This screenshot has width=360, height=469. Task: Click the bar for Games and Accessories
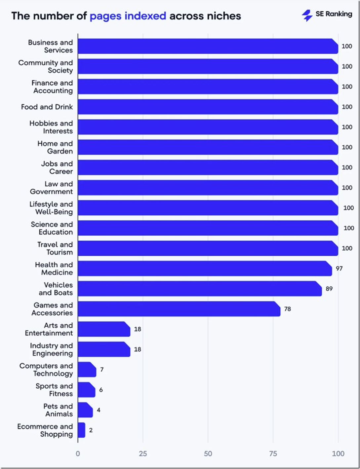pos(179,309)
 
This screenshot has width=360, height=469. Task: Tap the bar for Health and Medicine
pos(205,269)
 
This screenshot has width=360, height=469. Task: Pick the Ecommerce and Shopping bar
pos(82,430)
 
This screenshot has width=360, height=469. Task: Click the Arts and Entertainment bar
pos(104,329)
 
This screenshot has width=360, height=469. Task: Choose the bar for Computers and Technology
pos(87,370)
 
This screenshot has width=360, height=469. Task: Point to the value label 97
pos(339,269)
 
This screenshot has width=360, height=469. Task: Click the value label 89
pos(329,289)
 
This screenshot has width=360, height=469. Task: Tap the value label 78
pos(288,309)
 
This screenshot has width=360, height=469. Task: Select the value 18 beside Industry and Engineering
pos(138,349)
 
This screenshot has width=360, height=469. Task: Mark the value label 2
pos(91,430)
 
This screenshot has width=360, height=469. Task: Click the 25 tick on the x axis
pos(143,453)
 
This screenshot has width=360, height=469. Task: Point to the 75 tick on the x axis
pos(273,453)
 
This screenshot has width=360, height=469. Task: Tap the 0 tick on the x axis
pos(78,453)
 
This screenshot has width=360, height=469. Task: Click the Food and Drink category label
pos(47,107)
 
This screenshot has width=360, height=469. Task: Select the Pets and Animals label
pos(58,410)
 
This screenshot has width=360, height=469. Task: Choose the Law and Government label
pos(52,188)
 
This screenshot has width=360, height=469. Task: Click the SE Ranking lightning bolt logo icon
pos(307,15)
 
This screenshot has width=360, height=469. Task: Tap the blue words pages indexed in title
pos(128,16)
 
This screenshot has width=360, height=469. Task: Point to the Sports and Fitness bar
pos(87,390)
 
